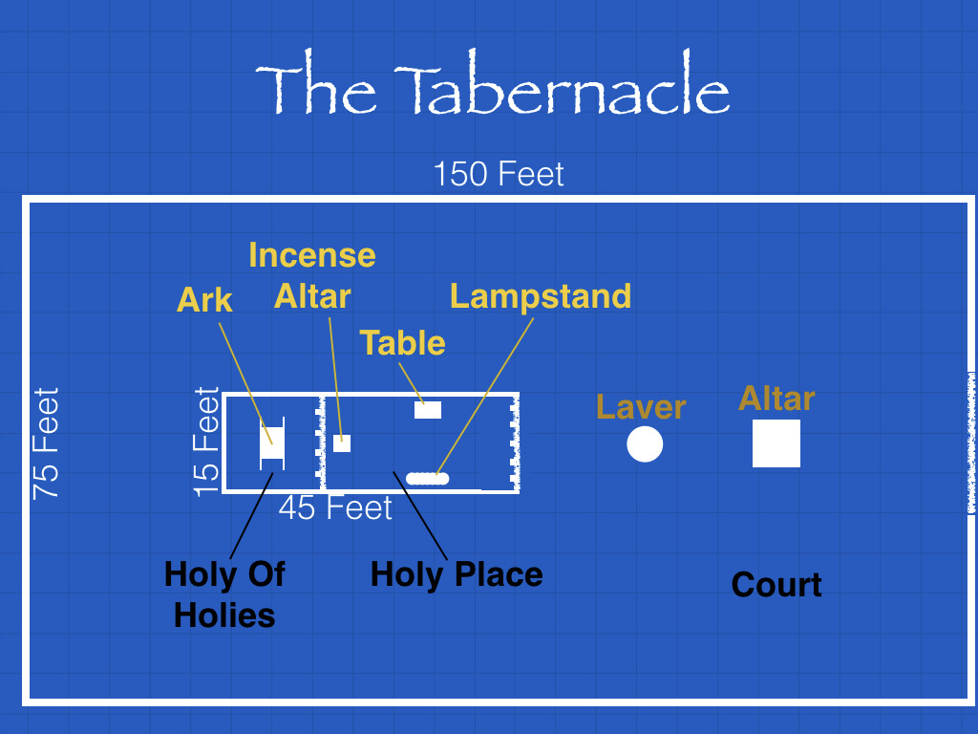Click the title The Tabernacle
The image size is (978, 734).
492,83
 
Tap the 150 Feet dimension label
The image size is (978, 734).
499,174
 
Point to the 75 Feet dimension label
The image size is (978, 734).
46,443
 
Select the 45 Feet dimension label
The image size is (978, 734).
335,508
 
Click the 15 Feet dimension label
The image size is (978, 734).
206,442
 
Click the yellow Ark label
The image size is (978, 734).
204,300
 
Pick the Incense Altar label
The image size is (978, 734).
312,275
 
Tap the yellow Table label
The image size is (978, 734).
402,343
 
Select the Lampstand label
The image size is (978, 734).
541,296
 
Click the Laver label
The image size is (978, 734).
641,407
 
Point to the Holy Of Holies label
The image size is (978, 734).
224,594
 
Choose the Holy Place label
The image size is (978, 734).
457,574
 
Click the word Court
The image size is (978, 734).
776,585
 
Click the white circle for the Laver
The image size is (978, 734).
645,444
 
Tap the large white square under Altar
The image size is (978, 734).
776,443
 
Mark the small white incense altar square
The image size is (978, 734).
342,443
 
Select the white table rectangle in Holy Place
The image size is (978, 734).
428,410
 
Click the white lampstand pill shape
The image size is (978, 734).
427,479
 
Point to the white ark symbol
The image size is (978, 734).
272,443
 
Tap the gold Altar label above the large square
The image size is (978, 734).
776,399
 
